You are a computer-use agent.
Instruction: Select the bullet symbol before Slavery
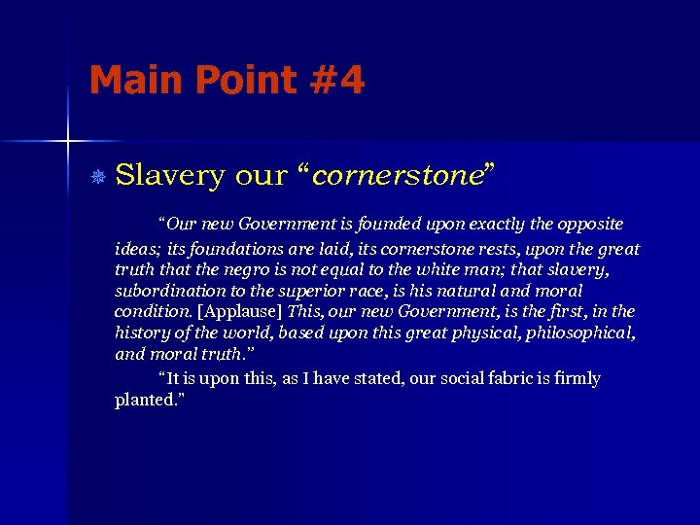pos(96,176)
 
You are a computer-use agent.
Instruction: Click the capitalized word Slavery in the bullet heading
pos(170,176)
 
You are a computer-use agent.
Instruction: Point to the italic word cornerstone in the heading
pos(397,176)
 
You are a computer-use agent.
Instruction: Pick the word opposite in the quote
pos(590,225)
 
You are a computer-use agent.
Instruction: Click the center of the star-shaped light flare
pos(68,142)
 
